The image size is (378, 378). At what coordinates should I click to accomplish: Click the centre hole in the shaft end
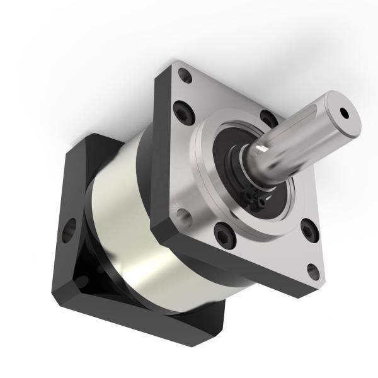[x=344, y=113]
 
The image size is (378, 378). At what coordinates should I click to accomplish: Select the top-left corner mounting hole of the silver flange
[x=185, y=77]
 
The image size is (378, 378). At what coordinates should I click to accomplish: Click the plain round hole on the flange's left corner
[x=184, y=217]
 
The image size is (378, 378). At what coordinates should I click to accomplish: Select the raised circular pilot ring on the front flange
[x=208, y=183]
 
